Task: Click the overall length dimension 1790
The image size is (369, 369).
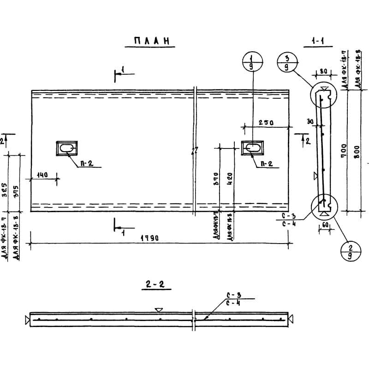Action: pos(150,238)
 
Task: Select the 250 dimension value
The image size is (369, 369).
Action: pos(265,123)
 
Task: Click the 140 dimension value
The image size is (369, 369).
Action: pos(42,174)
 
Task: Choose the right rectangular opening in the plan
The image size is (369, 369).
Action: pos(253,148)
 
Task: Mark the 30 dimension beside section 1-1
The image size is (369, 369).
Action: pos(309,122)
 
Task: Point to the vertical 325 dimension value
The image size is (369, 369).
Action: pos(5,189)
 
